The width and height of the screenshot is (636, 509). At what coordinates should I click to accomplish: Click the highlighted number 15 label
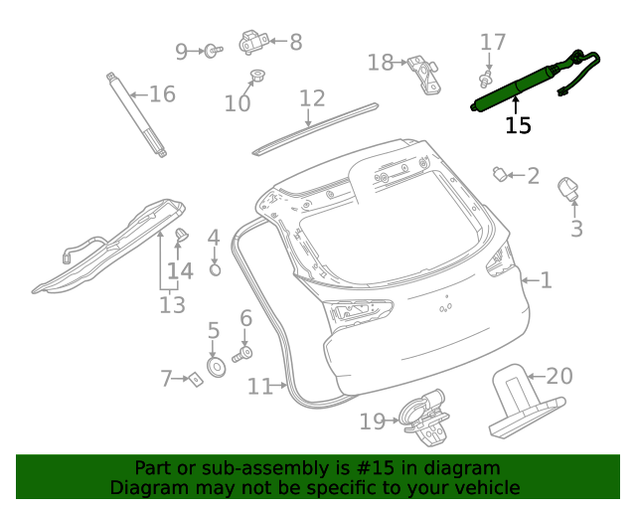coord(518,125)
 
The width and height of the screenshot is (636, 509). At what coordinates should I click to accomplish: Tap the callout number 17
coord(493,42)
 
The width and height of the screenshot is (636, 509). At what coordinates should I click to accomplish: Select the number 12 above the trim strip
coord(312,98)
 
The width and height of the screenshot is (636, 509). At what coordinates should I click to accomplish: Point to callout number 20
coord(559,376)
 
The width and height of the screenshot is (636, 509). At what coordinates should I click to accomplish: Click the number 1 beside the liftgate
coord(546,280)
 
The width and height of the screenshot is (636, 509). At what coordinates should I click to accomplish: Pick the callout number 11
coord(260,386)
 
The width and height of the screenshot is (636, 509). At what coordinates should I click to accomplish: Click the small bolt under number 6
coord(243,352)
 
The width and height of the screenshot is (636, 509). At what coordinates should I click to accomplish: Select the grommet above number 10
coord(256,75)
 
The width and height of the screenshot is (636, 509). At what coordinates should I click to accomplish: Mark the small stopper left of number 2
coord(501,175)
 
